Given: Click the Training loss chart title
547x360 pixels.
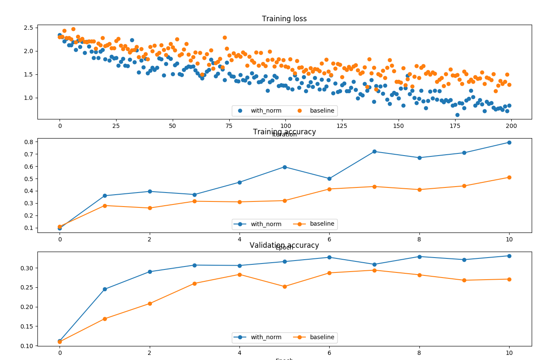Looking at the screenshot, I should [284, 19].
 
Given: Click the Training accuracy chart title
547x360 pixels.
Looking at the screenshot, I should [284, 132].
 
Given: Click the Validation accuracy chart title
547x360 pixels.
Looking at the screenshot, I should [284, 245].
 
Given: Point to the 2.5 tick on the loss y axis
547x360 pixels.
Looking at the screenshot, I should [28, 28].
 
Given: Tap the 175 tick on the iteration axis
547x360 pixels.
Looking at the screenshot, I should [455, 126].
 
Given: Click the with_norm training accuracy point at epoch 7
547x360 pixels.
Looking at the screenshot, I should [374, 151].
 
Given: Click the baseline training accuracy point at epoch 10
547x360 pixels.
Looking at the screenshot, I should [509, 177].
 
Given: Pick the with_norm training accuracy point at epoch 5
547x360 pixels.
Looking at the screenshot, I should [285, 167].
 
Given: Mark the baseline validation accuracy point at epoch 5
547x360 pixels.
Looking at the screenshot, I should [285, 286].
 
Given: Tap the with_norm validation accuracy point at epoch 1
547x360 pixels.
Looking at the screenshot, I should [105, 289].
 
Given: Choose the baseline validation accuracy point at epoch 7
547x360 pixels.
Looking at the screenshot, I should [374, 270].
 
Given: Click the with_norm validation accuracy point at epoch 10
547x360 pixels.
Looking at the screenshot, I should [509, 256].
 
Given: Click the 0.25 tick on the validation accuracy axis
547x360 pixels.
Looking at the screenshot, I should [27, 287].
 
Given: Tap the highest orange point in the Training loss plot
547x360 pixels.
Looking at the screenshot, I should [73, 29].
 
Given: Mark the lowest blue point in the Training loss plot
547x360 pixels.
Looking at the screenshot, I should [457, 115].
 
